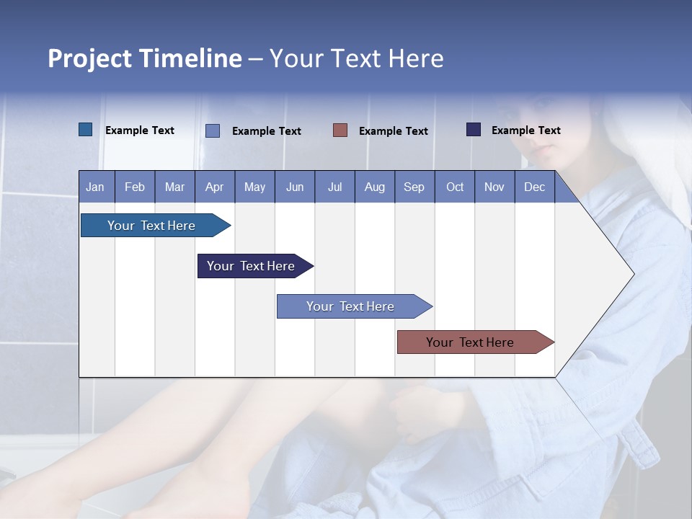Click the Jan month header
coord(96,187)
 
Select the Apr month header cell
coord(215,187)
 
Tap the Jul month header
coord(334,187)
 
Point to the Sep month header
coord(414,187)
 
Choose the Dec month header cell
coord(534,187)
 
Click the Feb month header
coord(135,187)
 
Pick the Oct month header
coord(455,187)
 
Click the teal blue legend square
coord(85,130)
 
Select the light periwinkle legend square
coord(213,130)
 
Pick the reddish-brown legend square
coord(340,130)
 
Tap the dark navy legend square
coord(474,130)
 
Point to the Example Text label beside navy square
coord(525,130)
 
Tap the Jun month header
coord(295,187)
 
